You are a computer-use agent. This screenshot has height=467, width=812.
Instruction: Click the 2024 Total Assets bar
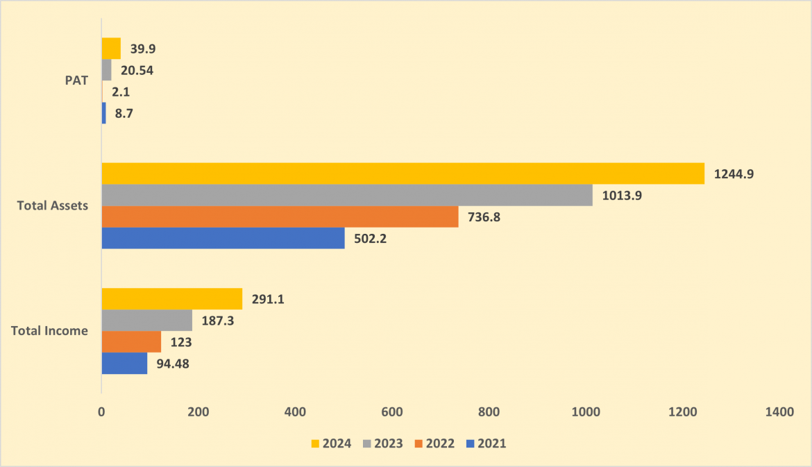[x=403, y=173]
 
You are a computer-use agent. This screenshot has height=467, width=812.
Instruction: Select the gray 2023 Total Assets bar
[x=347, y=195]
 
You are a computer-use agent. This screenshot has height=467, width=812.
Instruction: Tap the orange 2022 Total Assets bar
[x=280, y=217]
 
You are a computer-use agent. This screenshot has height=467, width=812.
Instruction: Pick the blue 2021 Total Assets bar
[x=223, y=238]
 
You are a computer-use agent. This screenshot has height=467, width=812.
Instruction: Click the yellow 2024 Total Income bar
[x=172, y=299]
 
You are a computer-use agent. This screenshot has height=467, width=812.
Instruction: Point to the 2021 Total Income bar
[x=124, y=364]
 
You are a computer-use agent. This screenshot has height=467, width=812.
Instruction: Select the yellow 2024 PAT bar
[x=111, y=48]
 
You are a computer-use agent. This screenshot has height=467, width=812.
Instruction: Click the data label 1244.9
[x=734, y=174]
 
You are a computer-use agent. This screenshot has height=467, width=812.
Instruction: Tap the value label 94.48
[x=173, y=364]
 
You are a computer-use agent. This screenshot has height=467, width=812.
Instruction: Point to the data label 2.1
[x=121, y=92]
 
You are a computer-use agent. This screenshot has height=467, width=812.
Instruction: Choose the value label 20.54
[x=137, y=70]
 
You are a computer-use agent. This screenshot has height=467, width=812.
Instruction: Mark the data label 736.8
[x=484, y=217]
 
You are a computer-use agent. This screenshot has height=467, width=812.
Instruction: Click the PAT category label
[x=76, y=80]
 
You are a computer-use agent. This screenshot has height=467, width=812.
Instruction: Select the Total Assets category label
[x=53, y=205]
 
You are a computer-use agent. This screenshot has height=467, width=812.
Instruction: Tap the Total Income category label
[x=50, y=331]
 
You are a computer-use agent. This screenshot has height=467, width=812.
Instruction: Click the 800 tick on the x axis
[x=489, y=412]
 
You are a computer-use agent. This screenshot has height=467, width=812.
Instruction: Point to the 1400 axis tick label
[x=780, y=412]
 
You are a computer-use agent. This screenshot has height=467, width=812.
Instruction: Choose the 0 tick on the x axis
[x=101, y=412]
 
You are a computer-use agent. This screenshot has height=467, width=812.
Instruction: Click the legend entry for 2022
[x=434, y=443]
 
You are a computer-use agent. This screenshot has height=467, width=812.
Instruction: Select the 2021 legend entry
[x=487, y=443]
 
